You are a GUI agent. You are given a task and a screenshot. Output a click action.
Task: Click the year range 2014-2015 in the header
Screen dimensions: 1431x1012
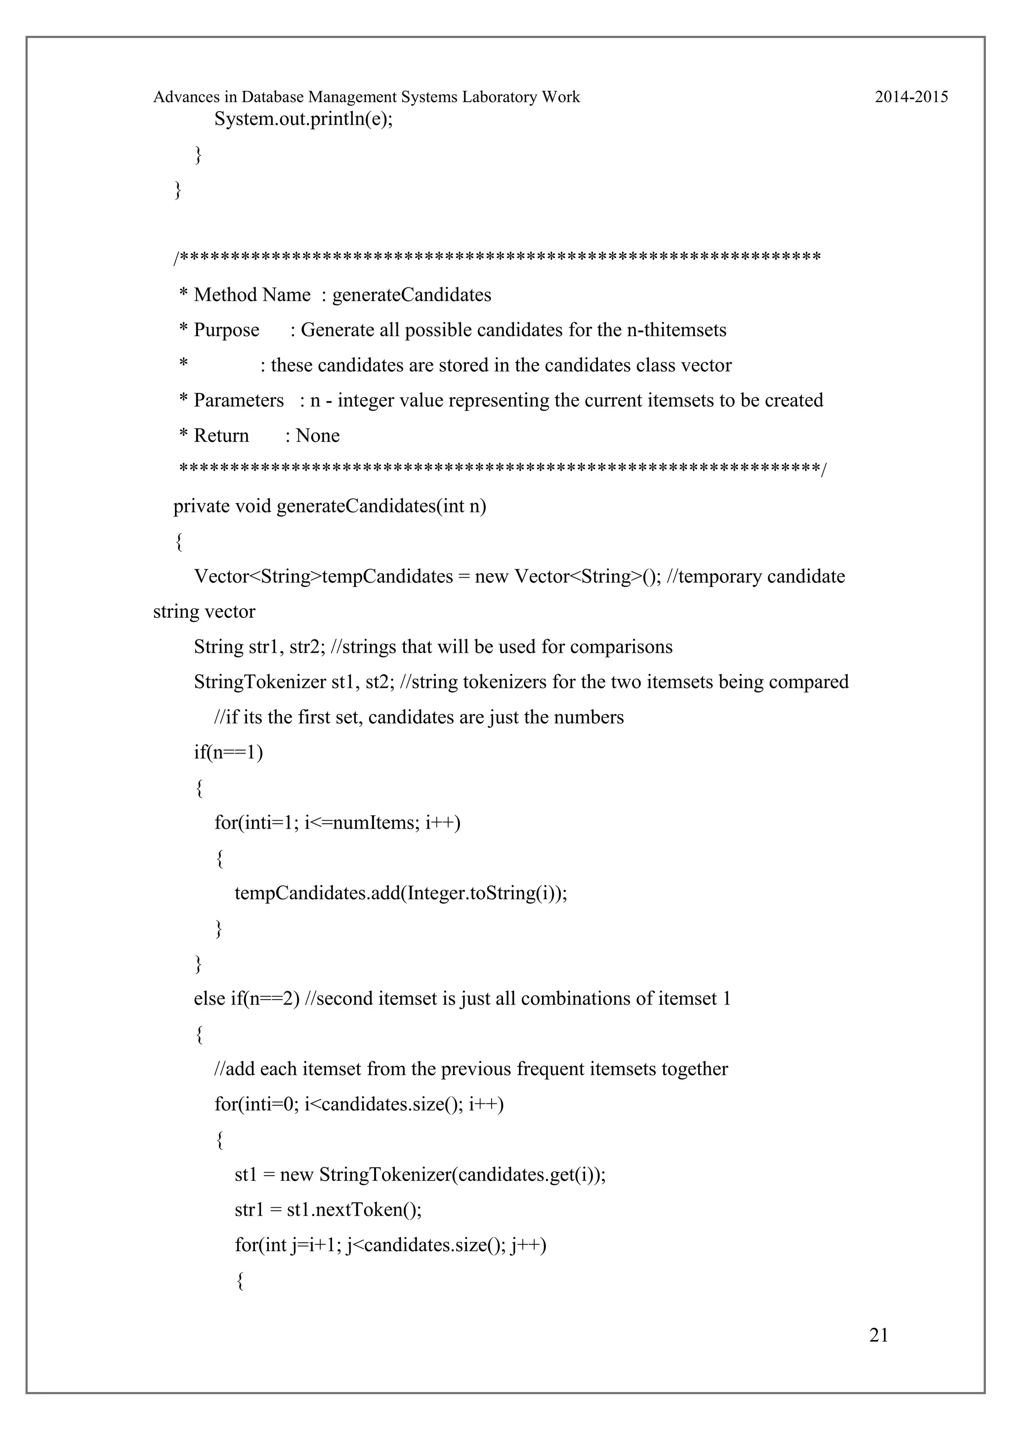tap(911, 97)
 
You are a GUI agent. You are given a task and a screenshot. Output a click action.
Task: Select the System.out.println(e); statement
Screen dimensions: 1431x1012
tap(303, 119)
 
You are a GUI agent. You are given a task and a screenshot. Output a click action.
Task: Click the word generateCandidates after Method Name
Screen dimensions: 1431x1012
tap(411, 295)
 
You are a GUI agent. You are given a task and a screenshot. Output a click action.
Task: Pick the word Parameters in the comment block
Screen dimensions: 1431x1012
tap(239, 400)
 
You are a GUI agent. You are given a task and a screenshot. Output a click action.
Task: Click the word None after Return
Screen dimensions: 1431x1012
tap(318, 436)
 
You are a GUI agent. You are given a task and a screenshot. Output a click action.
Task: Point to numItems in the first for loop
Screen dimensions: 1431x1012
tap(374, 823)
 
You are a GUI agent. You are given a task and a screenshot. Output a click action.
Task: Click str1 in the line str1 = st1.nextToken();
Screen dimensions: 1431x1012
tap(249, 1210)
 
